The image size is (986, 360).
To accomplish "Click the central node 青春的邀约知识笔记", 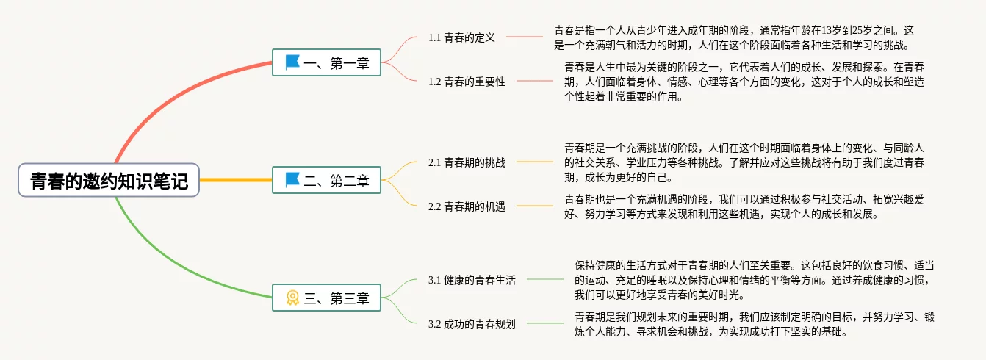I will point(109,180).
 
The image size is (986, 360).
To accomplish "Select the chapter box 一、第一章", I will point(326,63).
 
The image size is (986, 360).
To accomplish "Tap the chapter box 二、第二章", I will point(326,180).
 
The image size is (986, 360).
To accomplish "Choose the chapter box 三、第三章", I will point(326,298).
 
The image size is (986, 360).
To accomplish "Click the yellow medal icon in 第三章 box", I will point(292,298).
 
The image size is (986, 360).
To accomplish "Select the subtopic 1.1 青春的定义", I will point(461,37).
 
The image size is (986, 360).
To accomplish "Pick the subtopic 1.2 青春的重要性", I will point(467,82).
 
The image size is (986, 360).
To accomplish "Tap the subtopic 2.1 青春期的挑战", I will point(467,162).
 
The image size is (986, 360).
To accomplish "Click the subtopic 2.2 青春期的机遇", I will point(467,206).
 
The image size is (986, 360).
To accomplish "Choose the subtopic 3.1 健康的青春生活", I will point(472,280).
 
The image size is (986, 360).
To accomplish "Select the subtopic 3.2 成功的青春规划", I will point(472,324).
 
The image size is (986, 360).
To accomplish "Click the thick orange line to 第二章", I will point(235,180).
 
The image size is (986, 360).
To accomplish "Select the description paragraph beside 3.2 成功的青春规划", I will point(754,324).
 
